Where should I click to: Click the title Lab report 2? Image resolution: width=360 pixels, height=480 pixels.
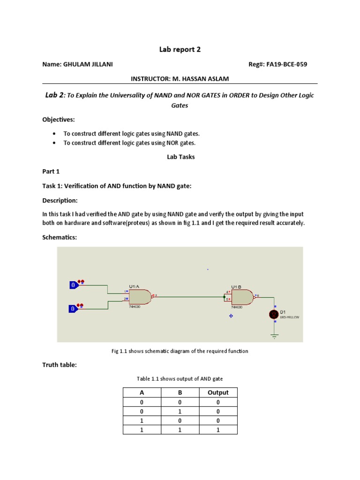(x=180, y=49)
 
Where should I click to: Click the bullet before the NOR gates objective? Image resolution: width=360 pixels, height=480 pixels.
(x=56, y=143)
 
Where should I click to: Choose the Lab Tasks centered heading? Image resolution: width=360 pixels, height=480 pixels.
(x=180, y=157)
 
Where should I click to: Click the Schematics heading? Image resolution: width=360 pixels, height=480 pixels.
(x=59, y=238)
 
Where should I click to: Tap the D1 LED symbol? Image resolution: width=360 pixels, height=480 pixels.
(x=274, y=315)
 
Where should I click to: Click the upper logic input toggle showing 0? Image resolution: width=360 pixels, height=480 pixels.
(x=74, y=285)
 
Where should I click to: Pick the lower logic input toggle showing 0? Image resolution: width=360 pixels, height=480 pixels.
(x=74, y=308)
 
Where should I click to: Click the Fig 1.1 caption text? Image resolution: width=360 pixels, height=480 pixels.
(x=180, y=351)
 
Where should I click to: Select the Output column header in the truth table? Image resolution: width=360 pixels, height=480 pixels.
(x=218, y=392)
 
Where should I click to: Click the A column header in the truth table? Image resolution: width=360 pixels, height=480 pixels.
(x=141, y=392)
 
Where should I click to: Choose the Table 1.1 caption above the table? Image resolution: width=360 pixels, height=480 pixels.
(x=180, y=378)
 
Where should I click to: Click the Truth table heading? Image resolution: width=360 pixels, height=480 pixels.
(x=59, y=365)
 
